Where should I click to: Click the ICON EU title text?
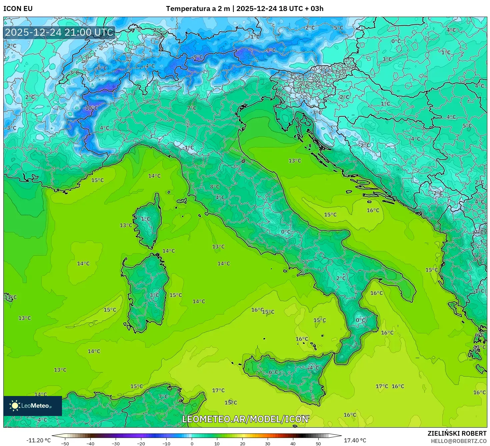(x=18, y=9)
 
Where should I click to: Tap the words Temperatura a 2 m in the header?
(x=198, y=9)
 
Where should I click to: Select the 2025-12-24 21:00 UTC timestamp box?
(x=59, y=32)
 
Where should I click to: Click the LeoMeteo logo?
(x=32, y=406)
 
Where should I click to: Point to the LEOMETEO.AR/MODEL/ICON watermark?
(x=245, y=419)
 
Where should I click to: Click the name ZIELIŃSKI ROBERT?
(x=457, y=433)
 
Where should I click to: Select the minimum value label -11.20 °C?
(x=38, y=440)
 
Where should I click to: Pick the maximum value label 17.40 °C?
(x=355, y=440)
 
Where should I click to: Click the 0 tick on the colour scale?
(x=192, y=443)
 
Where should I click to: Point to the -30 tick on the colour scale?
(x=115, y=443)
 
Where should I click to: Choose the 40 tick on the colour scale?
(x=293, y=443)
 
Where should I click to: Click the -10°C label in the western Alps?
(x=90, y=108)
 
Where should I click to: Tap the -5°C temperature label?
(x=338, y=28)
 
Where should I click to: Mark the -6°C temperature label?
(x=102, y=68)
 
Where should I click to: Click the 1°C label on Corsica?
(x=145, y=219)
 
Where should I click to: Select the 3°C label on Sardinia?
(x=154, y=295)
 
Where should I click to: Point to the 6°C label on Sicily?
(x=273, y=372)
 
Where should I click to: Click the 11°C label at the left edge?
(x=10, y=297)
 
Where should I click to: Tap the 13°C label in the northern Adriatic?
(x=295, y=161)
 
